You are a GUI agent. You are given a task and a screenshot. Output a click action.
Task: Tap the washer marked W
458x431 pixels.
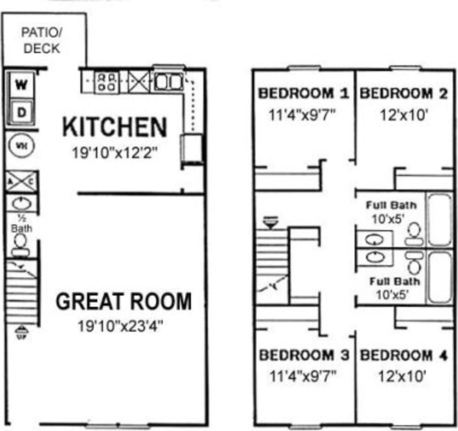click(21, 84)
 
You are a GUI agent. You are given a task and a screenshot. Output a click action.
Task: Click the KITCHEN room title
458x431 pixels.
click(114, 127)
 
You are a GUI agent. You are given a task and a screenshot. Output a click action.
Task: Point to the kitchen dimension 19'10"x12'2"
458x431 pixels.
click(114, 153)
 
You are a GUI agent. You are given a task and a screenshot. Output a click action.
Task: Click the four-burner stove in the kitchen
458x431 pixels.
click(106, 83)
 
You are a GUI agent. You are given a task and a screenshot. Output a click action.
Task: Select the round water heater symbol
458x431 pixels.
click(20, 145)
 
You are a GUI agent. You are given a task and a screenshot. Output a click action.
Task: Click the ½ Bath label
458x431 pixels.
click(21, 224)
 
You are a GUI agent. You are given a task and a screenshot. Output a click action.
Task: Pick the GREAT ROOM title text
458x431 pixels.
click(123, 302)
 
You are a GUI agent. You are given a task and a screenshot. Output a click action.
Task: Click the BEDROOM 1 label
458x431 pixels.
click(304, 93)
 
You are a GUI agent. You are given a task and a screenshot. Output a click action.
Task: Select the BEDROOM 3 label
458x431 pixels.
click(304, 355)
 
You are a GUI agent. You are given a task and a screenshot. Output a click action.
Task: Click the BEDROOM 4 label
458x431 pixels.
click(404, 355)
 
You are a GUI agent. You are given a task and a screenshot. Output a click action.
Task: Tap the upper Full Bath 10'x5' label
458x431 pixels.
click(391, 212)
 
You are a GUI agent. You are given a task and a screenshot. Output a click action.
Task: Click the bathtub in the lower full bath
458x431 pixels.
click(440, 277)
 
